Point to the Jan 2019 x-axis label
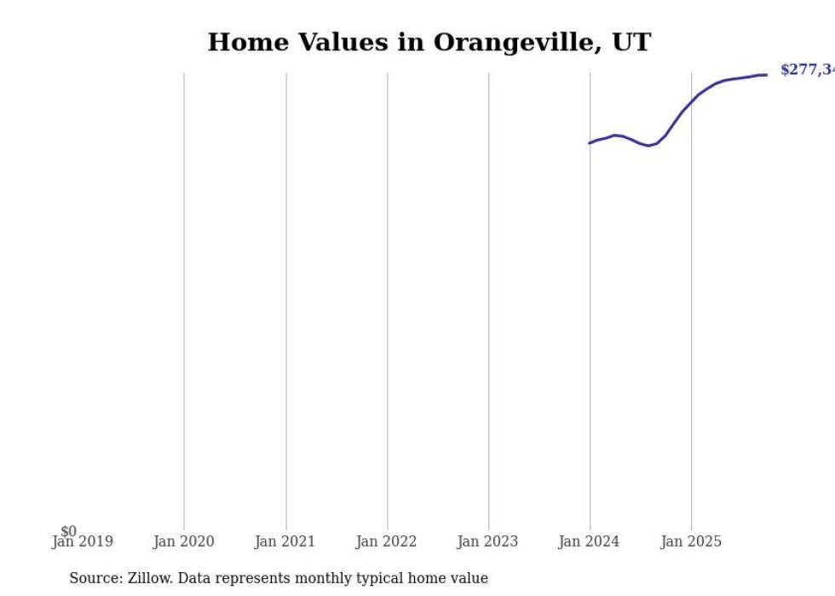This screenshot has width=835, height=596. [82, 541]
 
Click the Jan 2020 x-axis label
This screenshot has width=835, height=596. [183, 541]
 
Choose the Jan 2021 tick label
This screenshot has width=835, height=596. [285, 541]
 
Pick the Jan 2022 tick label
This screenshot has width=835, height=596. [386, 541]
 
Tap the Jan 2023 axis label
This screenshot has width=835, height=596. [487, 541]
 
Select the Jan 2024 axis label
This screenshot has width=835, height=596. [589, 541]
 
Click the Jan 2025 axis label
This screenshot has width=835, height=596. [690, 541]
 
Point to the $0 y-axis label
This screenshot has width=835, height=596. [68, 531]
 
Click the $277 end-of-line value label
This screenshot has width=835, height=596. [806, 70]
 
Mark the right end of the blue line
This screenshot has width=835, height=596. [766, 75]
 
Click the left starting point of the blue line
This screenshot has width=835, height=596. [590, 142]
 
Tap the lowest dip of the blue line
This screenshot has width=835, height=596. [648, 146]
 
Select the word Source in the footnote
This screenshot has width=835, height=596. [94, 578]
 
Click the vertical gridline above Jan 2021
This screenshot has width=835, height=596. [286, 298]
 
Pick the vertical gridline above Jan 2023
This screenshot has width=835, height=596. [489, 298]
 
